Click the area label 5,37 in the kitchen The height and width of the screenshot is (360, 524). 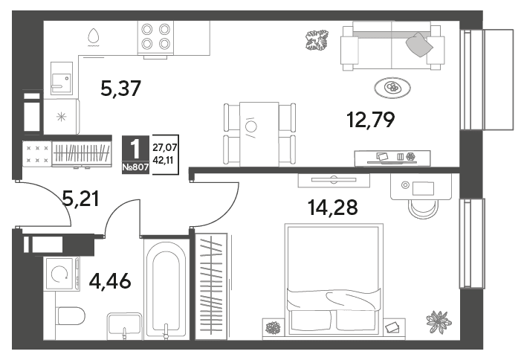tap(121, 89)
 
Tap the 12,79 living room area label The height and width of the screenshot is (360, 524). tap(371, 120)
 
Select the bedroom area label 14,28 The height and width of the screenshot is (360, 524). tap(332, 207)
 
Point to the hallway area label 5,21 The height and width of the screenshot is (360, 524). tap(81, 199)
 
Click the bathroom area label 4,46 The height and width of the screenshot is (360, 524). tap(110, 281)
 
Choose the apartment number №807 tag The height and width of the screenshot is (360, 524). tap(135, 167)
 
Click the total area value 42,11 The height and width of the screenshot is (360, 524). tap(163, 160)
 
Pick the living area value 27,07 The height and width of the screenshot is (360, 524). tap(165, 147)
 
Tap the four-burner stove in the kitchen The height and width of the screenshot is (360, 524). tap(155, 36)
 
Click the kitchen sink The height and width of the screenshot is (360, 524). tap(62, 78)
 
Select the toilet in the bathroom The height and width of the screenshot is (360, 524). tap(71, 316)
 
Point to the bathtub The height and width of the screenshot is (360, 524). tap(166, 289)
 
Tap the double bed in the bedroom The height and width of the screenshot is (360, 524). tap(334, 280)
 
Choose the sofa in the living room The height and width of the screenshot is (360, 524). tap(392, 45)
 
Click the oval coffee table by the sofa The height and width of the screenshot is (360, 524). tap(392, 88)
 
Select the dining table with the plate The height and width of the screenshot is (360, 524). tap(259, 134)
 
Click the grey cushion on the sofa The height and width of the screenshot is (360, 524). tap(419, 45)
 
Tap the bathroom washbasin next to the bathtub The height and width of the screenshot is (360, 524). tap(124, 324)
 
